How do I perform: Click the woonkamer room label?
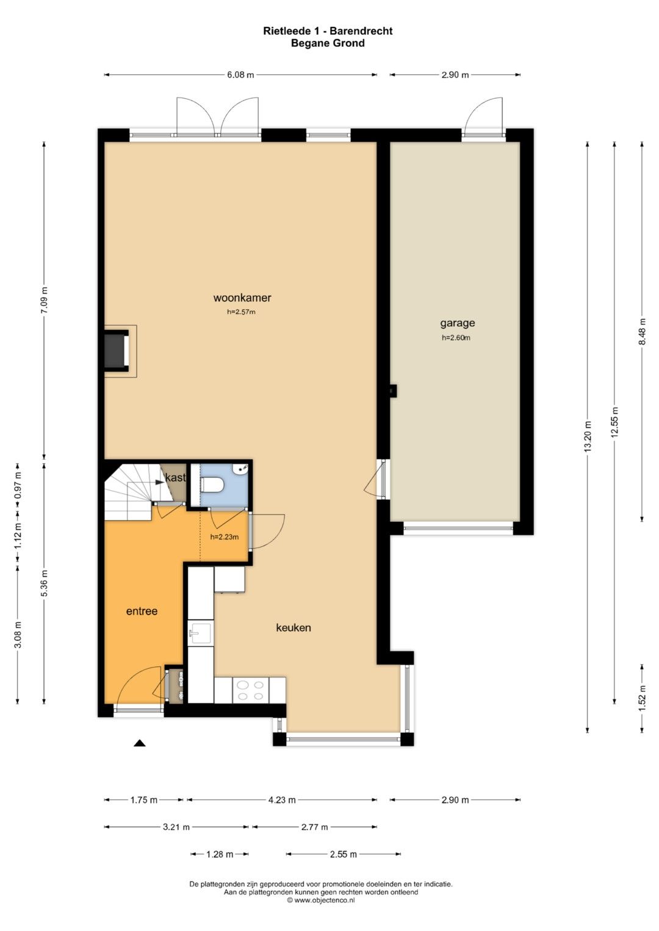point(242,298)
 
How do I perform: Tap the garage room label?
point(457,323)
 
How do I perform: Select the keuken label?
point(293,627)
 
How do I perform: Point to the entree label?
point(142,611)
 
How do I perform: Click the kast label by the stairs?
point(175,477)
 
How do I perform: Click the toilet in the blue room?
point(212,485)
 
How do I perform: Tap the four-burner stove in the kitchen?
point(250,690)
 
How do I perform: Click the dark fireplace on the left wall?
point(116,348)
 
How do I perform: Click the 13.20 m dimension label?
point(588,437)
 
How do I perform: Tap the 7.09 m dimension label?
point(45,301)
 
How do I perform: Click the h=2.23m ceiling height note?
point(225,537)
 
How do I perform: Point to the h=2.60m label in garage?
point(456,338)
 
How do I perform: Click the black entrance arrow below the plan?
point(140,743)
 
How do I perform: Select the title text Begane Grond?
point(328,43)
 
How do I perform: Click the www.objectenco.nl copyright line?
point(321,900)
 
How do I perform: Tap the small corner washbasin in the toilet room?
point(241,469)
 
